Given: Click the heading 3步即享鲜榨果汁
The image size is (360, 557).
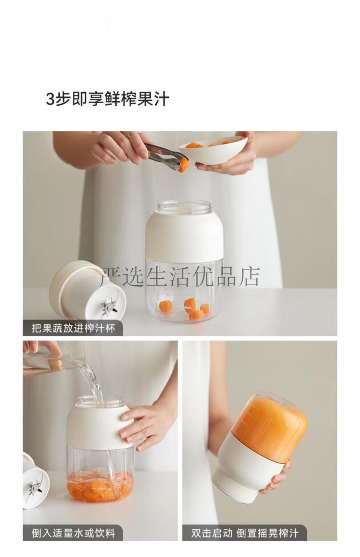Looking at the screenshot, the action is tap(108, 99).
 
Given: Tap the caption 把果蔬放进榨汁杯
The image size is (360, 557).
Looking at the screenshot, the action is tap(73, 328).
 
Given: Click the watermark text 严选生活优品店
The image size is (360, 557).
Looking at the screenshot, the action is tap(180, 276).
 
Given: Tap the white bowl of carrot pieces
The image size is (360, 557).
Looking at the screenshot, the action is tap(213, 150).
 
